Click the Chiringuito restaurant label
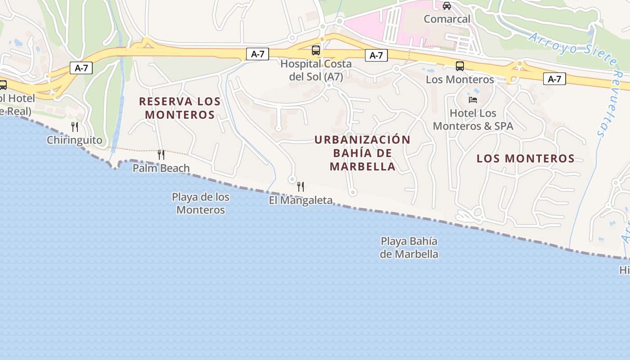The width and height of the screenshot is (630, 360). click(x=75, y=140)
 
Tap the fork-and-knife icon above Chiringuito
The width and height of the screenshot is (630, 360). click(x=75, y=127)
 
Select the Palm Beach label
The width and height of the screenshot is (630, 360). click(x=161, y=168)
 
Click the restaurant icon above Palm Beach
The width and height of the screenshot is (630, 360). click(x=161, y=155)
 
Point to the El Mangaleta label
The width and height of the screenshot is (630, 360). click(x=301, y=200)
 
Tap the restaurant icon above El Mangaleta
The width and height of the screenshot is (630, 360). click(x=301, y=186)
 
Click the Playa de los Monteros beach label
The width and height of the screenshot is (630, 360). click(x=201, y=203)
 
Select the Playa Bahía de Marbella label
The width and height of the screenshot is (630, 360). click(x=409, y=247)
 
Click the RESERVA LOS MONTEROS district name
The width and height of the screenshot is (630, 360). click(x=180, y=108)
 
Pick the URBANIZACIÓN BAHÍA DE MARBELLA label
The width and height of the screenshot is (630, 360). click(x=362, y=153)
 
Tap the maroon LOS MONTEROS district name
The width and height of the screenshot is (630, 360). click(x=526, y=158)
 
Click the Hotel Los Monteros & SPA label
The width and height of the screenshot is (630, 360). click(x=473, y=120)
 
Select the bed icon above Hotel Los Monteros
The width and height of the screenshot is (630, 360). click(x=473, y=99)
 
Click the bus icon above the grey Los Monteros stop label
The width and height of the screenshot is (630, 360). click(x=460, y=66)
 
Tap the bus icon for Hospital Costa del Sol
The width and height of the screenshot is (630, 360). click(x=316, y=50)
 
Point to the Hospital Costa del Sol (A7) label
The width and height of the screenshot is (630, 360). click(x=316, y=70)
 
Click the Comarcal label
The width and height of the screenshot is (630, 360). click(x=447, y=19)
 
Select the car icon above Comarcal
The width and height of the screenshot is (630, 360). click(x=447, y=6)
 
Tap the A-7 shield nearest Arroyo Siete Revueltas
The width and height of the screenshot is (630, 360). click(x=554, y=79)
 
